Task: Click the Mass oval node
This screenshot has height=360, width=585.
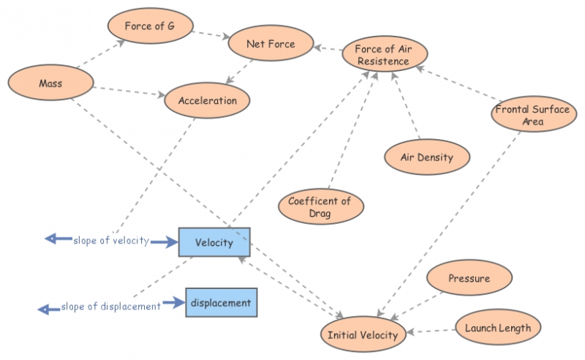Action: pyautogui.click(x=50, y=83)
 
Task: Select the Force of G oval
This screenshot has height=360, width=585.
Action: pyautogui.click(x=150, y=27)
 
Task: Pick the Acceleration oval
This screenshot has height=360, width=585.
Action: pyautogui.click(x=208, y=101)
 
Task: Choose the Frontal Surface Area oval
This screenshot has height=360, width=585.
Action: pyautogui.click(x=532, y=115)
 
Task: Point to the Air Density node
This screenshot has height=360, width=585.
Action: pyautogui.click(x=427, y=157)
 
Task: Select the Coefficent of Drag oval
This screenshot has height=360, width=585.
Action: pyautogui.click(x=320, y=207)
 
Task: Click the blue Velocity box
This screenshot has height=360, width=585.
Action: pyautogui.click(x=214, y=242)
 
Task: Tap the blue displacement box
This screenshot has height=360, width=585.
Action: pyautogui.click(x=221, y=302)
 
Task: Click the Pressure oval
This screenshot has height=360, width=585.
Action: pyautogui.click(x=469, y=279)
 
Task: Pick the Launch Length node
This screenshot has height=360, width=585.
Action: pyautogui.click(x=497, y=328)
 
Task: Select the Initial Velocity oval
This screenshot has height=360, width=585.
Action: pyautogui.click(x=362, y=335)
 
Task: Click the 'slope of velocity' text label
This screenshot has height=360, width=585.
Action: pyautogui.click(x=111, y=241)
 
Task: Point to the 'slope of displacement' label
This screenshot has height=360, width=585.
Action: pyautogui.click(x=111, y=307)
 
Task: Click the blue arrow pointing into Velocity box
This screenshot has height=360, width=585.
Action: pyautogui.click(x=165, y=241)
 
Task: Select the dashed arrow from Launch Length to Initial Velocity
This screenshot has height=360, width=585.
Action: pyautogui.click(x=431, y=331)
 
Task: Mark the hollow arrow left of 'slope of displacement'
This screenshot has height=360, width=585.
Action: pyautogui.click(x=49, y=309)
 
